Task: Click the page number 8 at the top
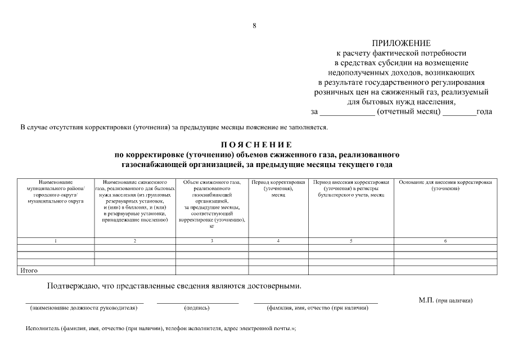pyautogui.click(x=254, y=25)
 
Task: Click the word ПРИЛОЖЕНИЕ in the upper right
pyautogui.click(x=401, y=43)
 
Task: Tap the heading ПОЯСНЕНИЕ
pyautogui.click(x=256, y=145)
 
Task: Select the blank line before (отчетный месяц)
pyautogui.click(x=347, y=111)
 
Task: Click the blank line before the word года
pyautogui.click(x=459, y=111)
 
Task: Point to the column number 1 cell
pyautogui.click(x=55, y=241)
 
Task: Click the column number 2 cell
pyautogui.click(x=135, y=241)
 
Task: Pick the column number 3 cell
pyautogui.click(x=212, y=241)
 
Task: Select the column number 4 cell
pyautogui.click(x=278, y=241)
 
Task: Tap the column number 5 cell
pyautogui.click(x=351, y=241)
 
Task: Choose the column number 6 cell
pyautogui.click(x=445, y=241)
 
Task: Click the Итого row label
pyautogui.click(x=29, y=271)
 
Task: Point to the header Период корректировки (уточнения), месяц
pyautogui.click(x=278, y=188)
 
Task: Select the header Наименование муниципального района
pyautogui.click(x=55, y=191)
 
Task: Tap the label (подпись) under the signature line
pyautogui.click(x=197, y=308)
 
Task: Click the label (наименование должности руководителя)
pyautogui.click(x=84, y=308)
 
